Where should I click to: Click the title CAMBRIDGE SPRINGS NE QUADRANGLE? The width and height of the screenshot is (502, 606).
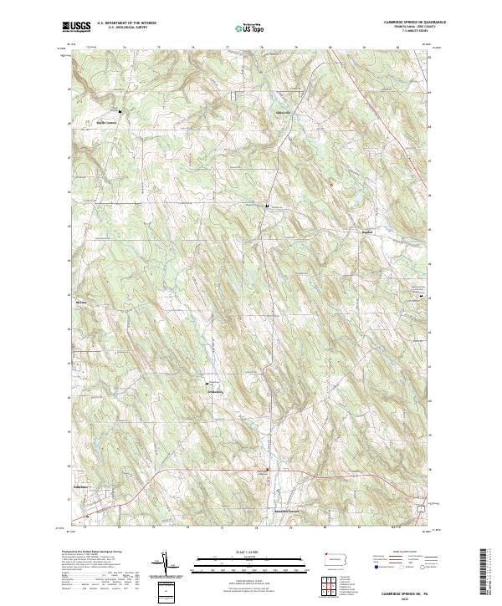(x=403, y=22)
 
